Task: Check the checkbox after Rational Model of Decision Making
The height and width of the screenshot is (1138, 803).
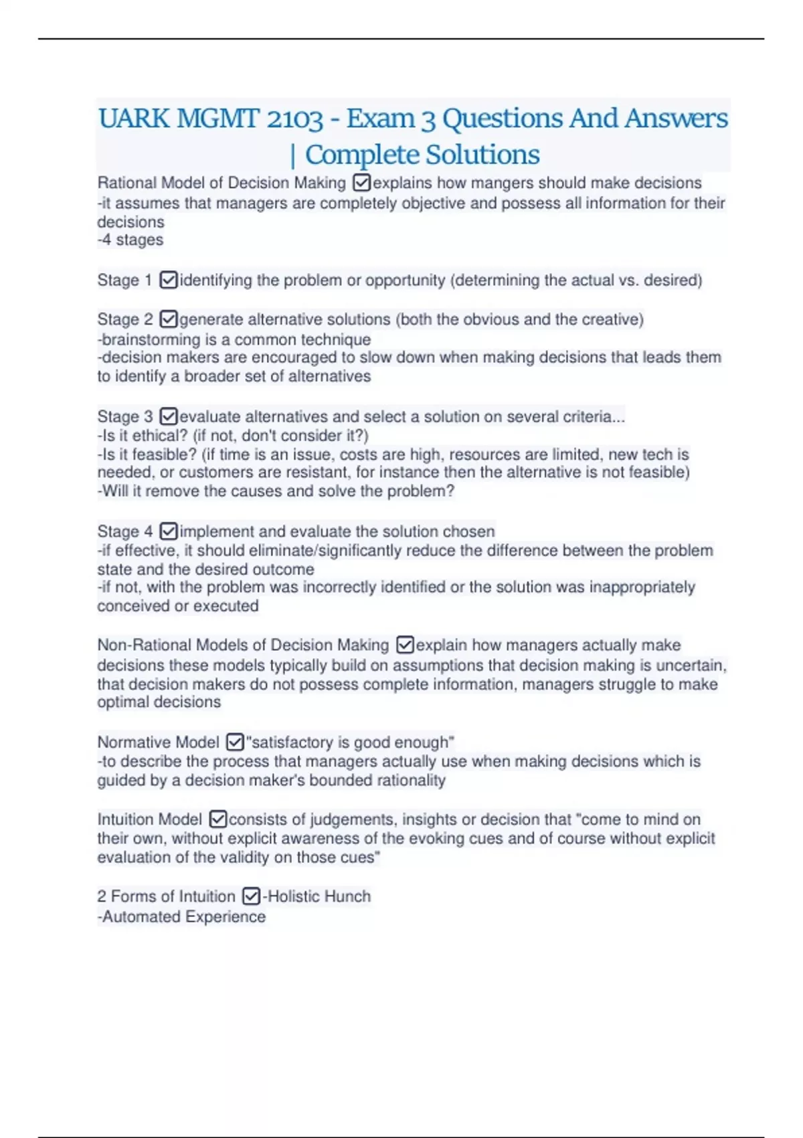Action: coord(361,183)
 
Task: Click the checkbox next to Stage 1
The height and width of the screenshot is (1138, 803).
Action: coord(169,280)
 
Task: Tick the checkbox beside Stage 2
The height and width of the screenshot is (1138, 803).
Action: coord(169,319)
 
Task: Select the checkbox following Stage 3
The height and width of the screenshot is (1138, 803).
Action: coord(169,416)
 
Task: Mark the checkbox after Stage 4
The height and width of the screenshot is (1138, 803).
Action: coord(169,532)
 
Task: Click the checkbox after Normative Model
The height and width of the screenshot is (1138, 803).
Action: coord(235,742)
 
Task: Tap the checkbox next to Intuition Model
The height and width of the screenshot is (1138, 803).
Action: coord(218,819)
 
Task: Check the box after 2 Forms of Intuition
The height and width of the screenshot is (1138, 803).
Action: coord(251,896)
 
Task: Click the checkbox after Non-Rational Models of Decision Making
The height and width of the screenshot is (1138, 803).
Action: coord(405,645)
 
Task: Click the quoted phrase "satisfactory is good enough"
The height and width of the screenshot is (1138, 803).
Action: coord(350,742)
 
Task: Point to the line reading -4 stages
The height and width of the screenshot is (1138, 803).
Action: coord(130,240)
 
